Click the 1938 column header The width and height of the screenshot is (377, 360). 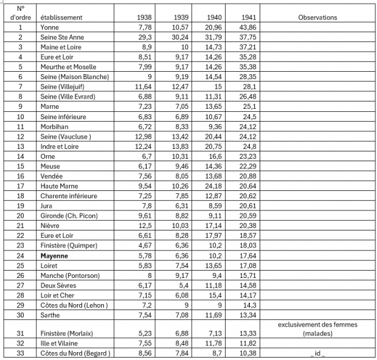click(x=144, y=18)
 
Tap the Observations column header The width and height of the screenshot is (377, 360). click(x=317, y=18)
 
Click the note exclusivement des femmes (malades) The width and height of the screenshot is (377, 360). click(x=317, y=329)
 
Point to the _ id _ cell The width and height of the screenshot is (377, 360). click(x=317, y=353)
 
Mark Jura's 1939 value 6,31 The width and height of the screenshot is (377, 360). click(x=181, y=206)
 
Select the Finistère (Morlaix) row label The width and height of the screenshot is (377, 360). click(x=69, y=334)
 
